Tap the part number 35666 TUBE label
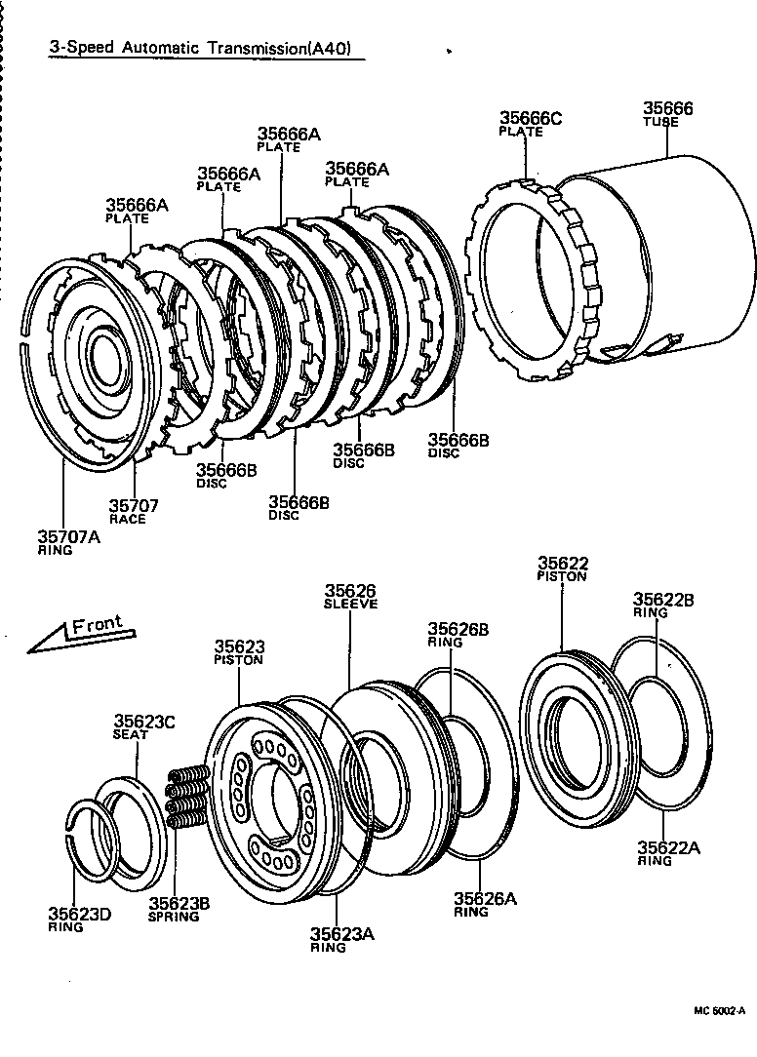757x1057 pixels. [x=668, y=114]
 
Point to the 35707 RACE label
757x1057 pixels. [x=133, y=511]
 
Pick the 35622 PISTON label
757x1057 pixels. [x=562, y=568]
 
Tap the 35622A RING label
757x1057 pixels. [x=668, y=853]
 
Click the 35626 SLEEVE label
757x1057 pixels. [x=350, y=596]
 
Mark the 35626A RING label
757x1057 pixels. [x=485, y=904]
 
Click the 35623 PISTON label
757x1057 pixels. [x=240, y=651]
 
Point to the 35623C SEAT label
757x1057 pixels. [x=144, y=726]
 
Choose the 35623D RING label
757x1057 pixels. [x=80, y=920]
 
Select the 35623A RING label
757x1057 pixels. [x=342, y=939]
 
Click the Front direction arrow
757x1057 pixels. [x=78, y=633]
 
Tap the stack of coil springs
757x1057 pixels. [x=188, y=797]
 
